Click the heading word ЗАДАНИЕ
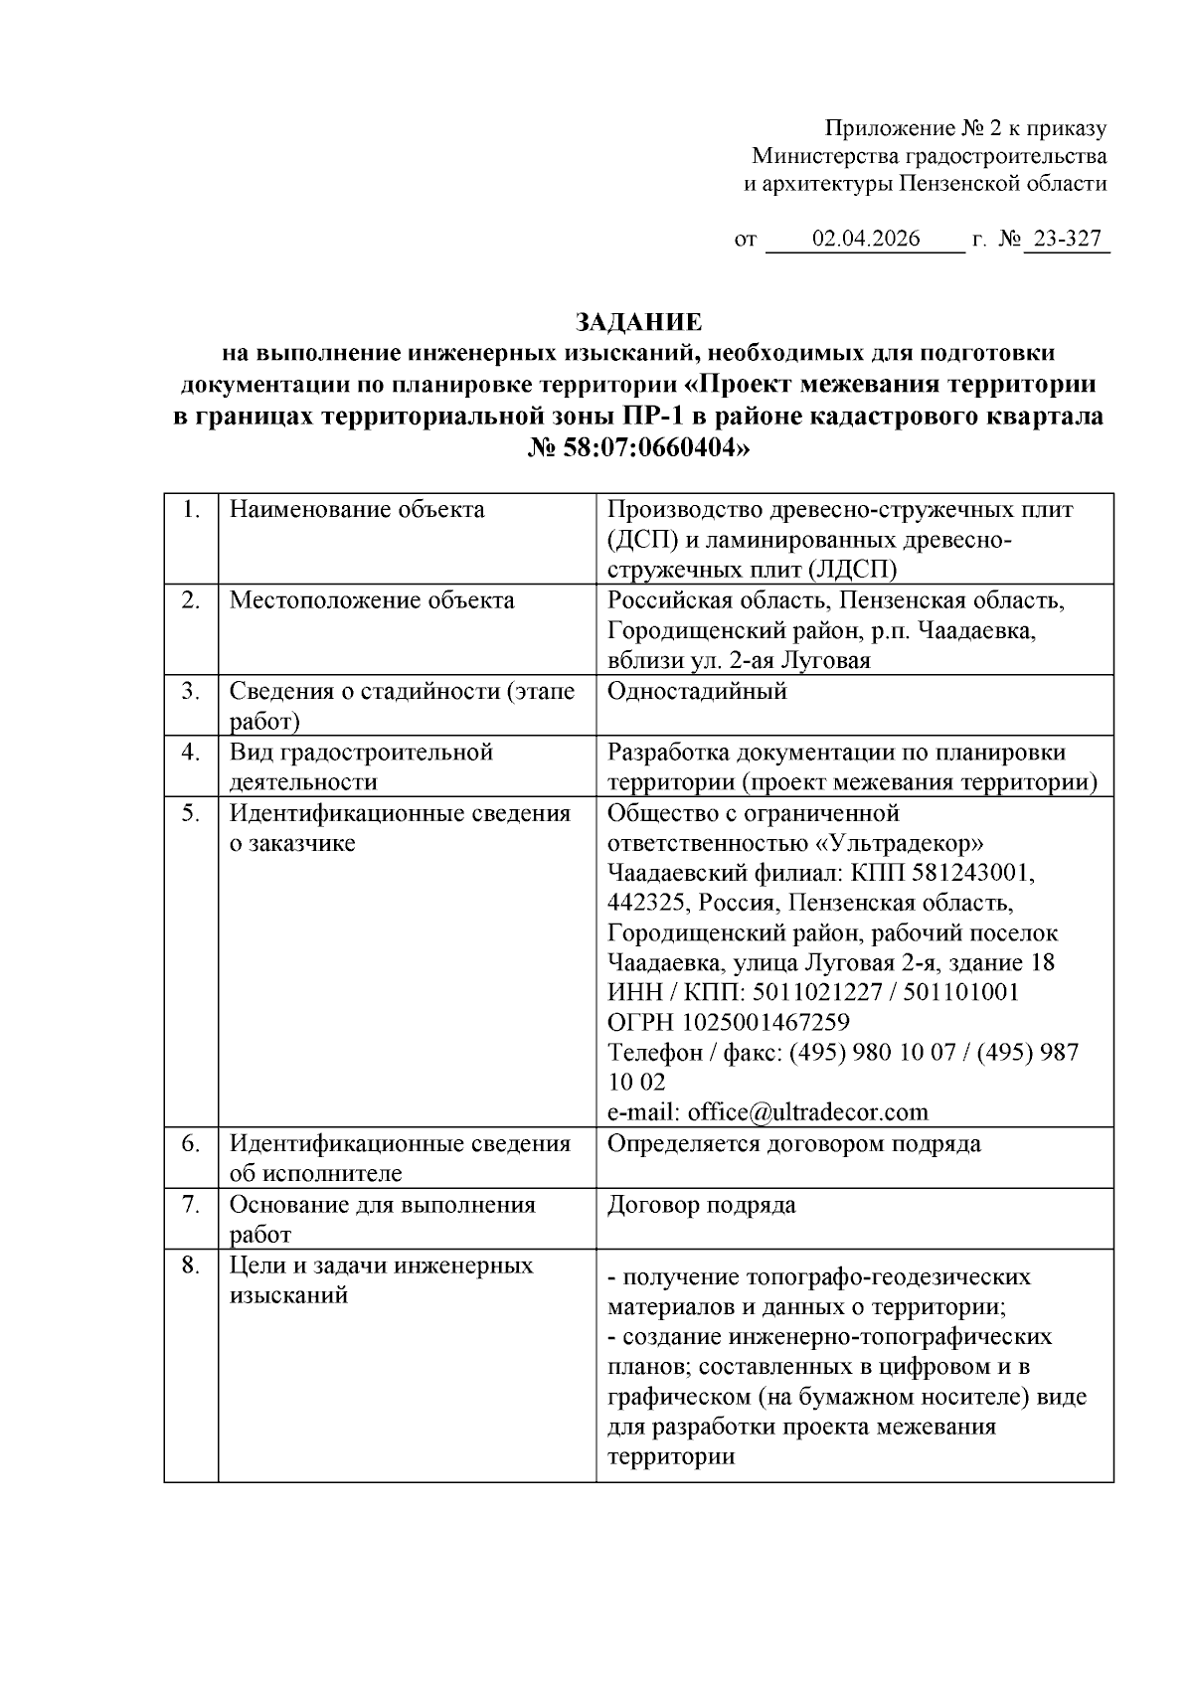tap(639, 322)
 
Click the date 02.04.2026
tap(866, 240)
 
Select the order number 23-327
tap(1067, 240)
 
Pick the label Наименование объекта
tap(357, 510)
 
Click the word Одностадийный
tap(697, 691)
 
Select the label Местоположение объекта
tap(372, 600)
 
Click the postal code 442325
tap(647, 903)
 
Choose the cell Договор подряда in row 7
tap(701, 1205)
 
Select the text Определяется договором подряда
tap(793, 1143)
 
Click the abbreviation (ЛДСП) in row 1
tap(853, 569)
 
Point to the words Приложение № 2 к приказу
tap(965, 128)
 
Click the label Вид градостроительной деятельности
tap(361, 766)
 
